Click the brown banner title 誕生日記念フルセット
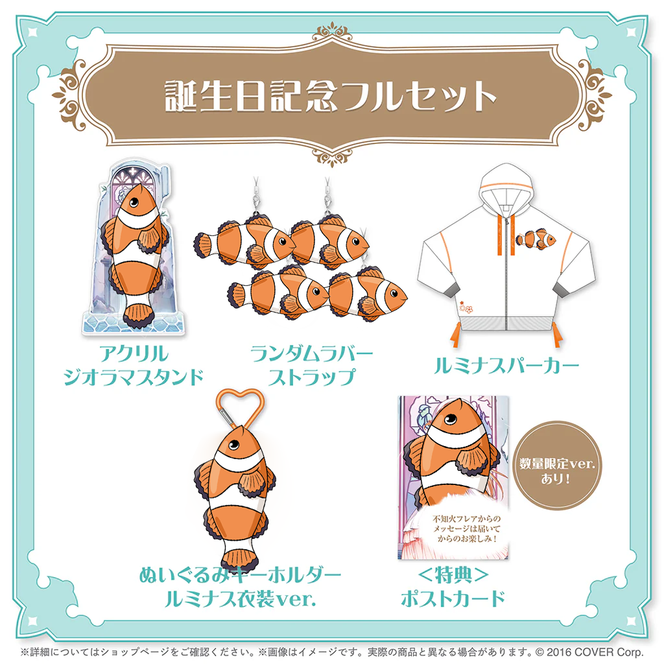(x=330, y=97)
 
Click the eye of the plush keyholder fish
(x=233, y=445)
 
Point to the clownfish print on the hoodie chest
(x=536, y=239)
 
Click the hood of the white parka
(x=506, y=186)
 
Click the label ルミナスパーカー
(x=506, y=366)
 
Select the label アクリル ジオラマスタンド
(x=134, y=365)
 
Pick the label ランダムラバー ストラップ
(x=312, y=365)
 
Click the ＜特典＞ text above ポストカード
(x=453, y=575)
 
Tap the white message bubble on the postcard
(x=466, y=528)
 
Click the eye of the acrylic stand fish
(x=134, y=202)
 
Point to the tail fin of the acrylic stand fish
(x=139, y=316)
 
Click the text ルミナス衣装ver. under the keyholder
(x=240, y=599)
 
